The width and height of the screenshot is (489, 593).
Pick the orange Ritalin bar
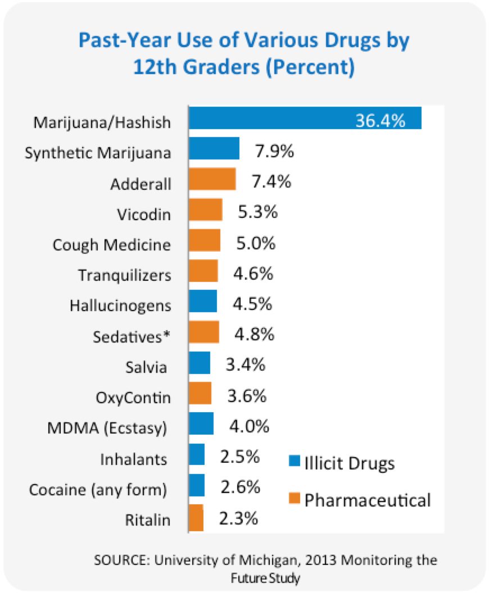[x=196, y=518]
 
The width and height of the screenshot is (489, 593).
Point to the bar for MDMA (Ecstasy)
[x=201, y=423]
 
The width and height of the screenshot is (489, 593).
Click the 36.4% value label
[x=380, y=120]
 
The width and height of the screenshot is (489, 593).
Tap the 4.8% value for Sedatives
[x=253, y=335]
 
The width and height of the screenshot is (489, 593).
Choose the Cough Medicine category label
[x=111, y=245]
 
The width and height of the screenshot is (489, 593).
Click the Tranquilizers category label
[x=125, y=276]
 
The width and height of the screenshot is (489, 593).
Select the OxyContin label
[x=133, y=398]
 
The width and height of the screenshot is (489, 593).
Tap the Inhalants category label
[x=134, y=459]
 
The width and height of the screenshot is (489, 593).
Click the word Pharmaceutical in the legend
[x=368, y=499]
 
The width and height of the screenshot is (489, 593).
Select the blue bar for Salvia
[x=200, y=363]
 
